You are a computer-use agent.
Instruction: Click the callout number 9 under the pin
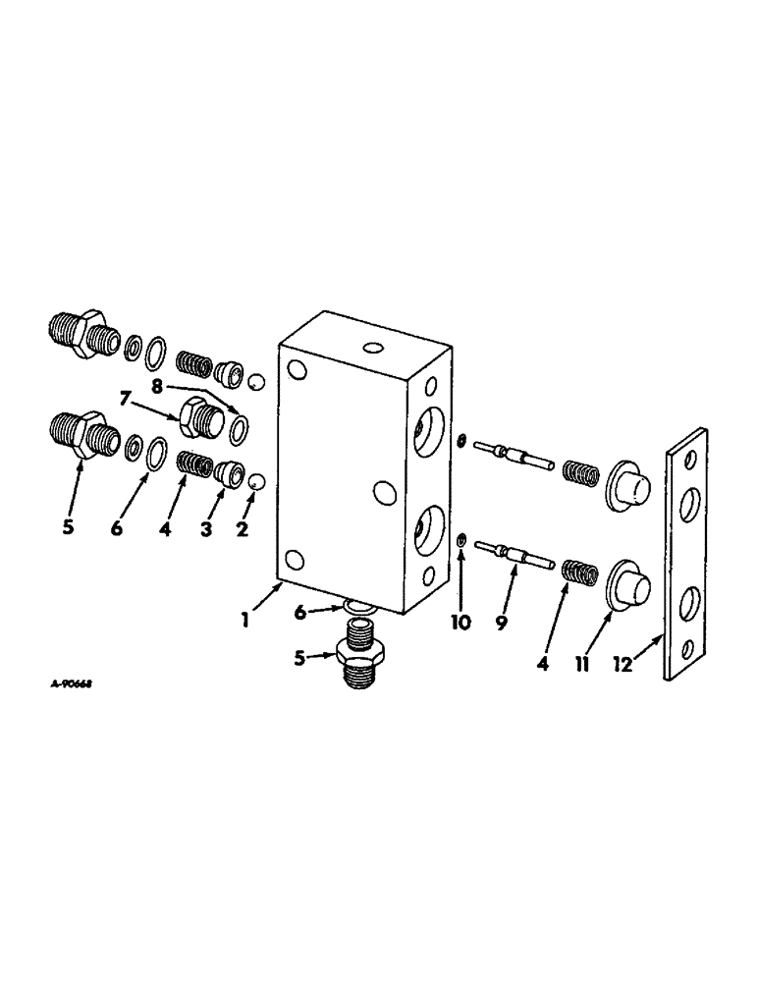502,622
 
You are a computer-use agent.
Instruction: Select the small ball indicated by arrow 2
255,483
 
